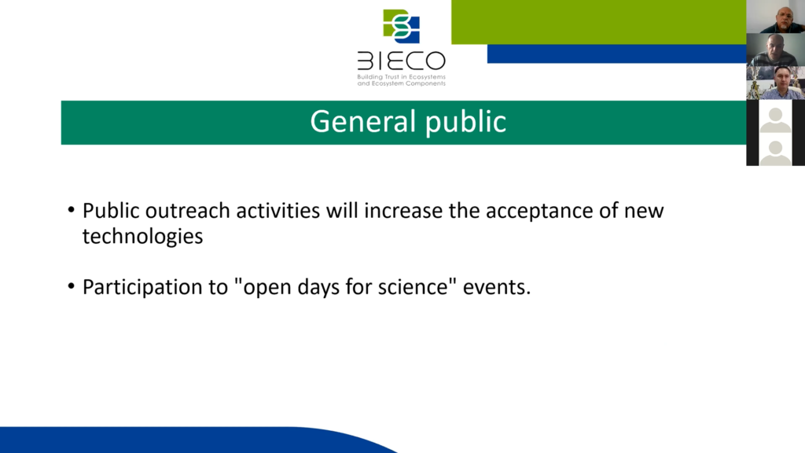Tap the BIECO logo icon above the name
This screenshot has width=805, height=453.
coord(402,26)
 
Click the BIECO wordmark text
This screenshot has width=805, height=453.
coord(402,61)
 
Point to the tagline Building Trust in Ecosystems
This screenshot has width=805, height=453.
coord(402,77)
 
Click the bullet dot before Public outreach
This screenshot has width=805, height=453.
coord(72,210)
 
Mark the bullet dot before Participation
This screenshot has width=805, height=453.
coord(72,286)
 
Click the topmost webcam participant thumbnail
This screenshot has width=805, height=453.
coord(775,17)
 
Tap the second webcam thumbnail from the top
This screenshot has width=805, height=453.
coord(775,50)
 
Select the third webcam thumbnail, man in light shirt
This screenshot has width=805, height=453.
coord(775,83)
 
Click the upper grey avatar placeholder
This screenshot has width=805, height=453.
coord(775,116)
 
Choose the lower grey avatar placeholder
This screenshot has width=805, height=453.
coord(775,149)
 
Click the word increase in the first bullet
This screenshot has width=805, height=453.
coord(403,211)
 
